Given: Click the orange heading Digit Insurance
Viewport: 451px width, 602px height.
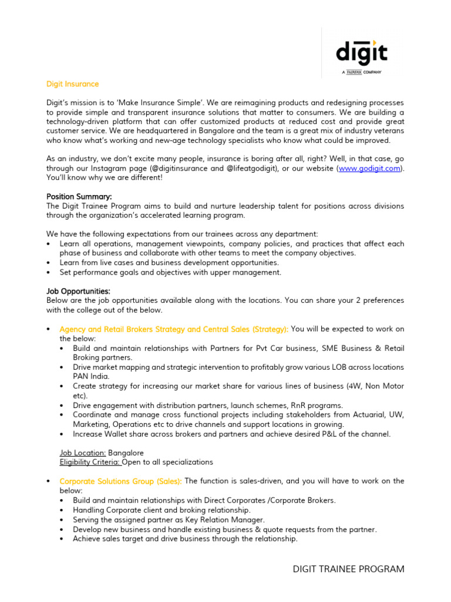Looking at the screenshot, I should [x=72, y=84].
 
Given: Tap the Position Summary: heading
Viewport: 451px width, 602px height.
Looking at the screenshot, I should [x=79, y=196].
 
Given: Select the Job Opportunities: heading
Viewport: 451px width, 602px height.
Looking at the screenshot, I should [x=78, y=291].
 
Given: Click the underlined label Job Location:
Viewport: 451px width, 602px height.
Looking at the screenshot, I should [x=83, y=453].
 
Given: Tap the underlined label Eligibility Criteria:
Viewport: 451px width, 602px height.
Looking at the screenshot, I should [x=90, y=462].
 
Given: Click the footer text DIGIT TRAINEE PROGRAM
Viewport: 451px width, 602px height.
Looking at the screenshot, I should [x=349, y=569].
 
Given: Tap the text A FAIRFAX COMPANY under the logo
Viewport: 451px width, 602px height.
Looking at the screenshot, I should [x=362, y=72].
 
